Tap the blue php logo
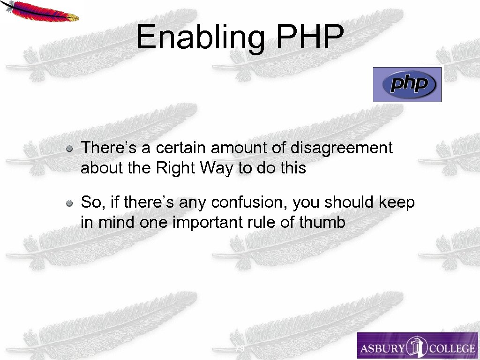coord(407,84)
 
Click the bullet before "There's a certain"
coord(69,149)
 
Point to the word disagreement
coord(341,148)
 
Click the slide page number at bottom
coord(240,349)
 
